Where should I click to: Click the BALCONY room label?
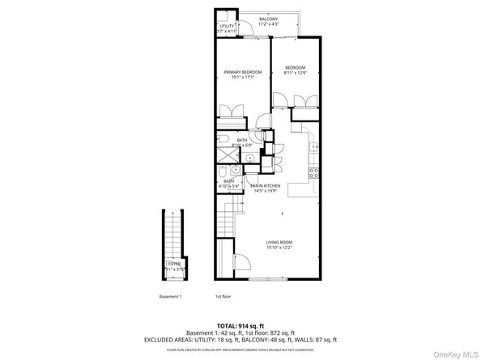[x=268, y=18]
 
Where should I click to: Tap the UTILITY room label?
[x=227, y=27]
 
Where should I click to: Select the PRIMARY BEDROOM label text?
[x=243, y=72]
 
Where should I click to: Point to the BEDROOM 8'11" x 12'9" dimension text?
[x=294, y=72]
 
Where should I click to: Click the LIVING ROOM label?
[x=279, y=242]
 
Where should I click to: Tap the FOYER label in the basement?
[x=174, y=264]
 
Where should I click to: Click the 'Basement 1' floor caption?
[x=171, y=296]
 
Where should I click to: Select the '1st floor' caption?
[x=223, y=296]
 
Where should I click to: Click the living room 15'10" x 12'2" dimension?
[x=279, y=248]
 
